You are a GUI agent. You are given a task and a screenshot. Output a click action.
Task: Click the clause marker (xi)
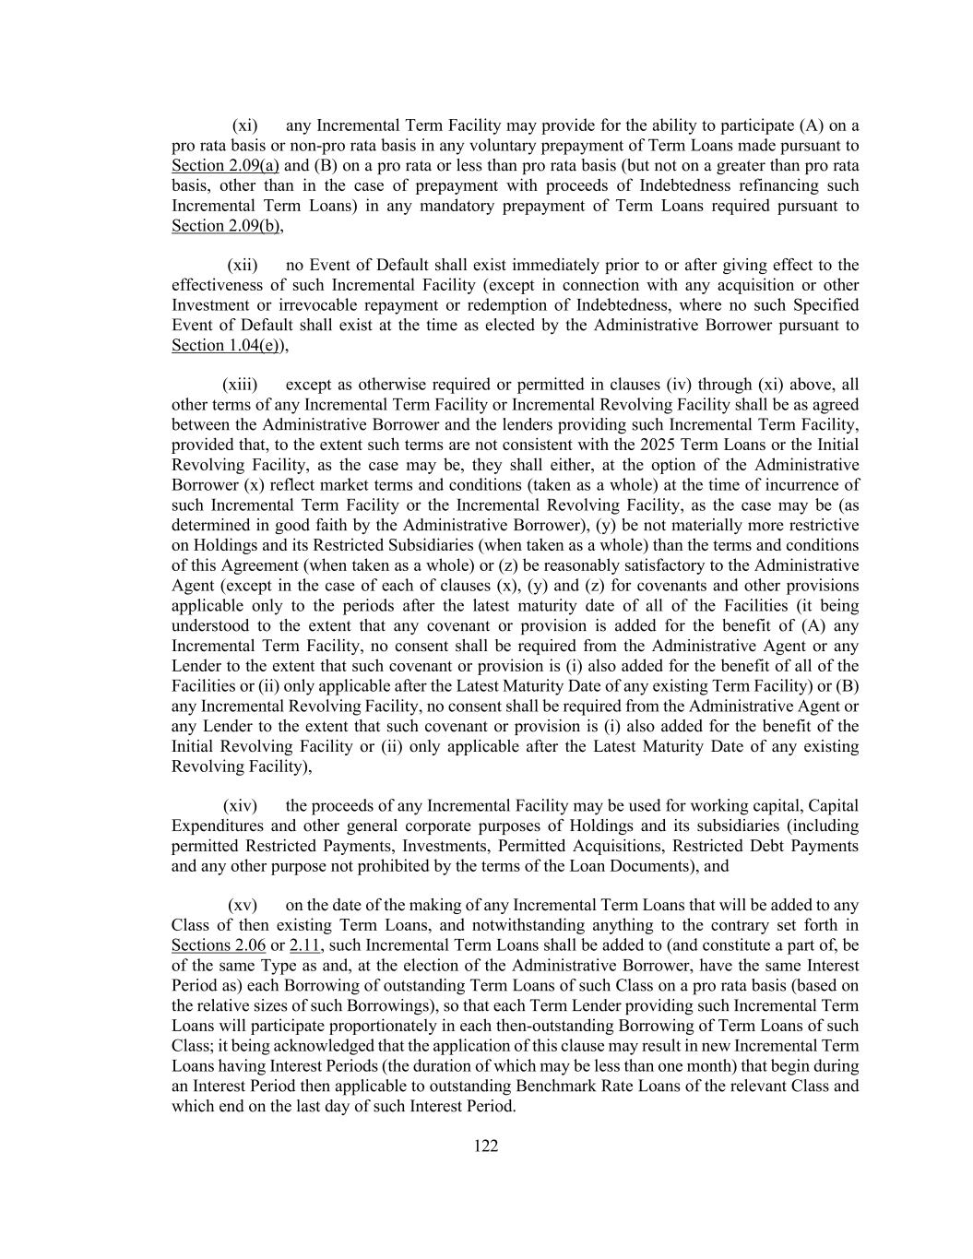[244, 125]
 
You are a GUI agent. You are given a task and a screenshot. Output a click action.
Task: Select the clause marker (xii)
[243, 266]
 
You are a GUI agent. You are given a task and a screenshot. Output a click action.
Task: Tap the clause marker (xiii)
[240, 385]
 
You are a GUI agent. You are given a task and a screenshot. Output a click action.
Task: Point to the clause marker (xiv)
[240, 806]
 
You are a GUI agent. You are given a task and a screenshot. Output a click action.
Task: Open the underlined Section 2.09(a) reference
[225, 166]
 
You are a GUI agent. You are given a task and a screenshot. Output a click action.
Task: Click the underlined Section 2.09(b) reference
[226, 226]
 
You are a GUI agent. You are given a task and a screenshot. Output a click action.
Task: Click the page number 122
[486, 1146]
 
